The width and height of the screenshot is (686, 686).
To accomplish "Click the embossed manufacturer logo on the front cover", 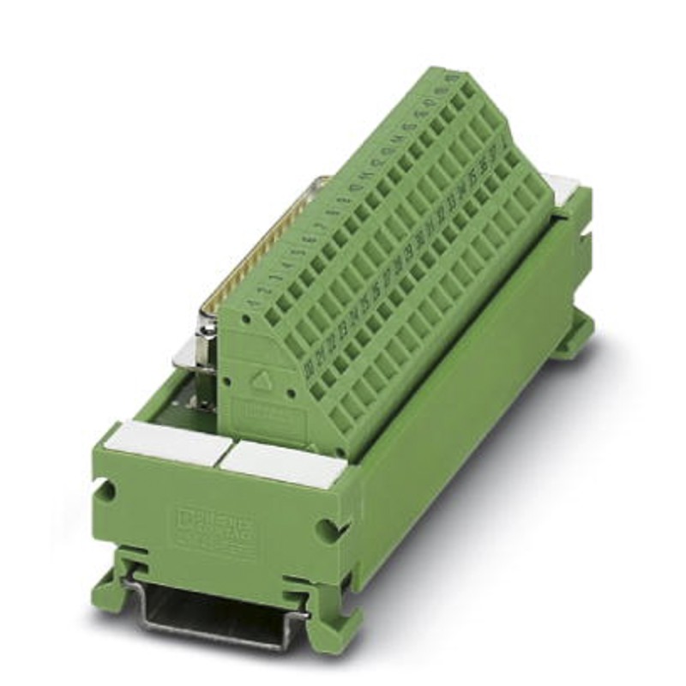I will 214,524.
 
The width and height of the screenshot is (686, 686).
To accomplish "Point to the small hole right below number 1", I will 251,319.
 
